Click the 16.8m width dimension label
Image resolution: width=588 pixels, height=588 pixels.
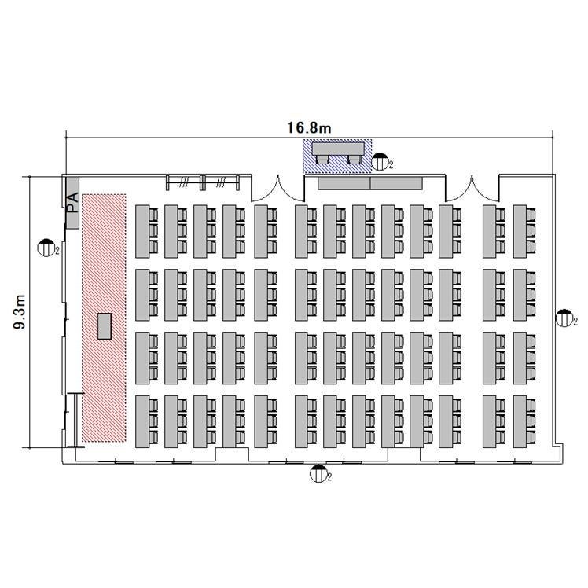[x=310, y=128]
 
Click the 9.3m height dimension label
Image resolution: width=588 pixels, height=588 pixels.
[x=20, y=312]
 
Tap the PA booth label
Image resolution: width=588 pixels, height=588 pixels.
[x=73, y=203]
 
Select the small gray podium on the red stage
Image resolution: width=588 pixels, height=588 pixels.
[x=105, y=326]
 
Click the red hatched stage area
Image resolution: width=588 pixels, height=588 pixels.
[x=104, y=318]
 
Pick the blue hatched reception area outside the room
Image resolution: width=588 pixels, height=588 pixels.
[x=337, y=156]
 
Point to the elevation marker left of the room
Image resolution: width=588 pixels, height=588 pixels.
[x=46, y=248]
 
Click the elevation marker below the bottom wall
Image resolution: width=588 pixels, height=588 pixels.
[x=318, y=473]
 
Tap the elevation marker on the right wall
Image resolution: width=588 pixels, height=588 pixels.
[x=564, y=318]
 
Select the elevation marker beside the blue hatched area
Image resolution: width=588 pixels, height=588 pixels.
[x=380, y=162]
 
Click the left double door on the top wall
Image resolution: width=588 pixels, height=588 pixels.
[x=277, y=189]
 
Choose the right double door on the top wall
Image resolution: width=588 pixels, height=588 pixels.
[x=472, y=189]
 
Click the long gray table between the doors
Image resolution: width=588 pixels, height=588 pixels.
[x=370, y=183]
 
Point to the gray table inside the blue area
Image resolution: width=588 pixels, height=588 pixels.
[x=338, y=148]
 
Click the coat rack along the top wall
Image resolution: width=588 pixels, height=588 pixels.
[x=203, y=182]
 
